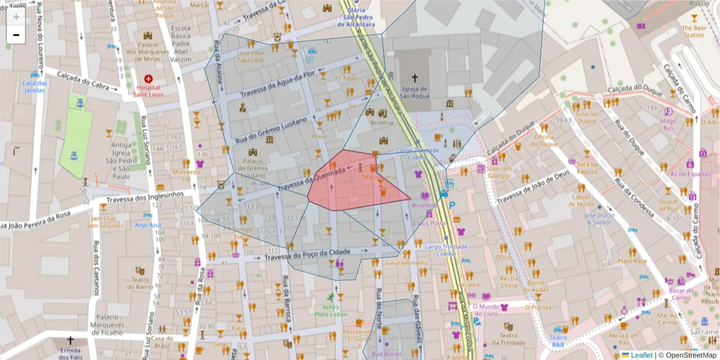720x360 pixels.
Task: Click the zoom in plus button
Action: pyautogui.click(x=16, y=17)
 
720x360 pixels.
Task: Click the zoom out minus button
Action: pyautogui.click(x=16, y=35)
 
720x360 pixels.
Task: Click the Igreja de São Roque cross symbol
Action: pyautogui.click(x=415, y=78)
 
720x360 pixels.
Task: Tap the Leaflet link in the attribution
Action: pyautogui.click(x=641, y=355)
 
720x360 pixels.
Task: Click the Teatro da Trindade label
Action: pyautogui.click(x=509, y=339)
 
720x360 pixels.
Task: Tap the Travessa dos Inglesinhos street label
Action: pyautogui.click(x=145, y=196)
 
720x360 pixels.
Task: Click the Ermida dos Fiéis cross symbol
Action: pyautogui.click(x=70, y=340)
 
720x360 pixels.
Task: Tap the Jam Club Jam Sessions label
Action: pyautogui.click(x=105, y=222)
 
